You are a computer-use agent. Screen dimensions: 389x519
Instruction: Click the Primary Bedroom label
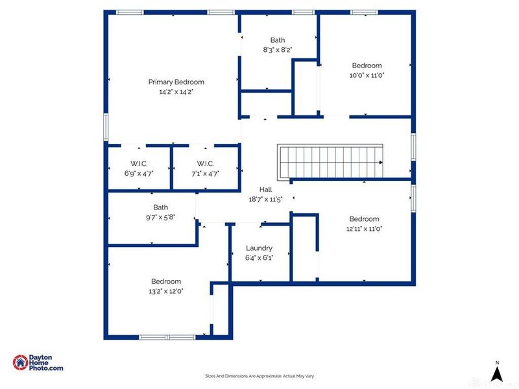click(x=176, y=82)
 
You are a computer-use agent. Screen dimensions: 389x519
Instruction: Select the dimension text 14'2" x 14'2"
click(x=176, y=92)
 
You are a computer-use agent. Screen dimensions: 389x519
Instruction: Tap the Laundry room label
click(x=259, y=248)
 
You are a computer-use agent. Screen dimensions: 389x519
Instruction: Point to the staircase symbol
click(x=331, y=162)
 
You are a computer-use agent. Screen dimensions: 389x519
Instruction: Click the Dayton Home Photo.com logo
click(x=38, y=363)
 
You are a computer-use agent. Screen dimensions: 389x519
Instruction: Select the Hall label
click(x=266, y=190)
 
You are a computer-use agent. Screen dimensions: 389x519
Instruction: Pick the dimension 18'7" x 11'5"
click(x=266, y=200)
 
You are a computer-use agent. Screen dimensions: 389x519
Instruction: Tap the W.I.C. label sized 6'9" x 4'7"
click(x=139, y=163)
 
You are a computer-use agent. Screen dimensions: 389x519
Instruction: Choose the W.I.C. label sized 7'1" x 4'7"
click(x=204, y=163)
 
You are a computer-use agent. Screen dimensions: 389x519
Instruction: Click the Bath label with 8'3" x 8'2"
click(x=278, y=40)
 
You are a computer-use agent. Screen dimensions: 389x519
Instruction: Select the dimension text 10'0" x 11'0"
click(x=367, y=75)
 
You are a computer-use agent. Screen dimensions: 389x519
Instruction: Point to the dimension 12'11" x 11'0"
click(x=364, y=228)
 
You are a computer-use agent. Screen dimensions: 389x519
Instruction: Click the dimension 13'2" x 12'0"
click(x=166, y=291)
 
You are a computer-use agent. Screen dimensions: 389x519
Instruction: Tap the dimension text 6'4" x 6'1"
click(x=259, y=257)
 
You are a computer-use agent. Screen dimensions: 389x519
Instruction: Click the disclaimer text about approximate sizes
click(x=259, y=376)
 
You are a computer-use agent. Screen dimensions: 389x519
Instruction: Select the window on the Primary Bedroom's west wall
click(x=106, y=127)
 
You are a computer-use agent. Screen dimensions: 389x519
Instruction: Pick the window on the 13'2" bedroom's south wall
click(x=167, y=337)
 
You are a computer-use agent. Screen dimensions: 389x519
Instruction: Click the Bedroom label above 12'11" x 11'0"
click(x=364, y=218)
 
